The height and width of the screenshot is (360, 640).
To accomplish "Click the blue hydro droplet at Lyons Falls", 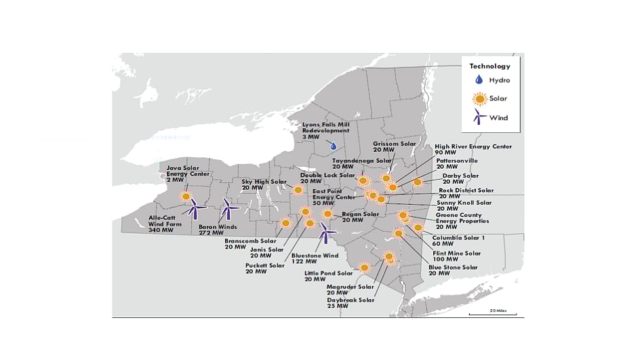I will click(x=333, y=146).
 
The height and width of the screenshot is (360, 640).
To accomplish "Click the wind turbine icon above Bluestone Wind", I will click(x=327, y=234).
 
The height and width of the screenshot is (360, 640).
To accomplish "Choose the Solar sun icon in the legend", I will click(x=480, y=99).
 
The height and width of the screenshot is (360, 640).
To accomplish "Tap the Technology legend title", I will click(x=489, y=66).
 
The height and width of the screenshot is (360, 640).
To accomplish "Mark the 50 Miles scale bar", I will click(x=502, y=313).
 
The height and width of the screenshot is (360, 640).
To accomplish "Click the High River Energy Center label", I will click(x=473, y=149).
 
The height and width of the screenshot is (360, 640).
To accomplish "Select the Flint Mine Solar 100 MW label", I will click(x=456, y=256).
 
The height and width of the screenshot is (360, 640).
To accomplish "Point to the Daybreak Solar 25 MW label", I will click(x=350, y=302).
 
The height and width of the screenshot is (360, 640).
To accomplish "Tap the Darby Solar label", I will click(x=460, y=178).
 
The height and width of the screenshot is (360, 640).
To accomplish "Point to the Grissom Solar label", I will click(x=395, y=146).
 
